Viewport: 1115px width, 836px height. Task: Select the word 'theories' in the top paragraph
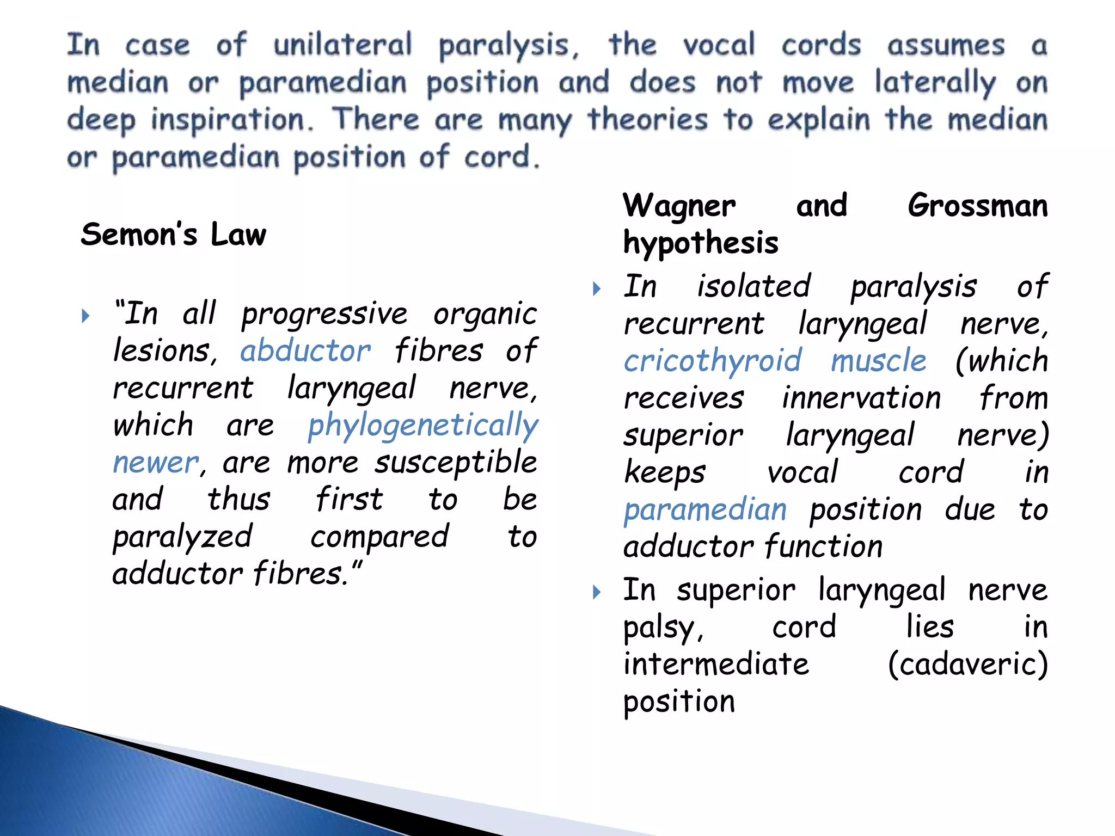pyautogui.click(x=647, y=119)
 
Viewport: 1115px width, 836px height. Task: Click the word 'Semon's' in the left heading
pyautogui.click(x=139, y=235)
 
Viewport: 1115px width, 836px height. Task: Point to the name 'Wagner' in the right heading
pyautogui.click(x=679, y=206)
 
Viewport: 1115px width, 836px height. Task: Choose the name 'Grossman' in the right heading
pyautogui.click(x=977, y=206)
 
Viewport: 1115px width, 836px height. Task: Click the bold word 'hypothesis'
pyautogui.click(x=701, y=243)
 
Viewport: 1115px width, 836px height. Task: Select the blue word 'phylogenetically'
pyautogui.click(x=422, y=425)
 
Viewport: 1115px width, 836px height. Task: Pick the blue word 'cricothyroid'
pyautogui.click(x=713, y=361)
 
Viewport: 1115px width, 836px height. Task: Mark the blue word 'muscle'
pyautogui.click(x=878, y=361)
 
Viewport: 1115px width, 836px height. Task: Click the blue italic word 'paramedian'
pyautogui.click(x=705, y=510)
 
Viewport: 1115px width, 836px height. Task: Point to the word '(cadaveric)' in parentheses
pyautogui.click(x=967, y=664)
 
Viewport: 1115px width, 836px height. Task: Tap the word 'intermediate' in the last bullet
pyautogui.click(x=716, y=664)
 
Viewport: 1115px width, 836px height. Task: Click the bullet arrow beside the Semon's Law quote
pyautogui.click(x=85, y=316)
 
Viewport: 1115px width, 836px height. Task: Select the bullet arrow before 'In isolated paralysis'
pyautogui.click(x=597, y=288)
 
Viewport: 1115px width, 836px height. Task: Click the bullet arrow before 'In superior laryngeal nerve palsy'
pyautogui.click(x=597, y=591)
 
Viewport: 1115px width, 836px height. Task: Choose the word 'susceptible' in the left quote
pyautogui.click(x=456, y=463)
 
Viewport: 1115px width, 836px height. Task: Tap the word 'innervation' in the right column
pyautogui.click(x=861, y=398)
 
